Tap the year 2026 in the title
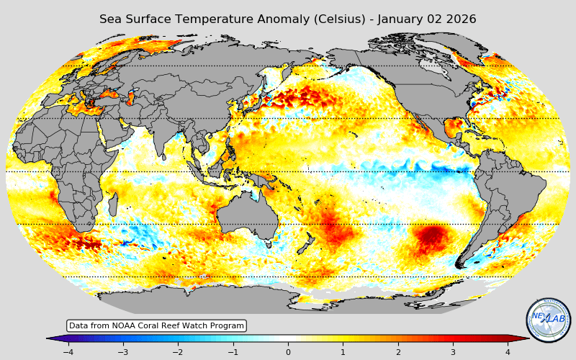pos(460,19)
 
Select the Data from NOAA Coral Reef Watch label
pos(156,325)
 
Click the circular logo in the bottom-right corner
pos(548,320)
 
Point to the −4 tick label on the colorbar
pos(68,352)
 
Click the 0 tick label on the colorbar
pos(288,352)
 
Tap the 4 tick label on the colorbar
pos(508,352)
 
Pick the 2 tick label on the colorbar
pos(397,352)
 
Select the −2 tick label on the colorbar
pos(177,352)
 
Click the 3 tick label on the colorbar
pos(453,352)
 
